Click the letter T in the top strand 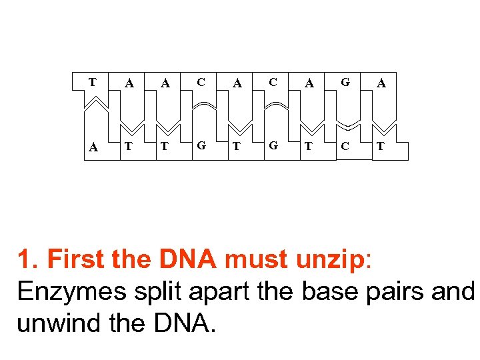[93, 82]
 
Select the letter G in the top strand [345, 82]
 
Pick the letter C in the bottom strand [345, 147]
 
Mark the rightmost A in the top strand [381, 83]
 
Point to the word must [259, 259]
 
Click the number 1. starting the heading [27, 259]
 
